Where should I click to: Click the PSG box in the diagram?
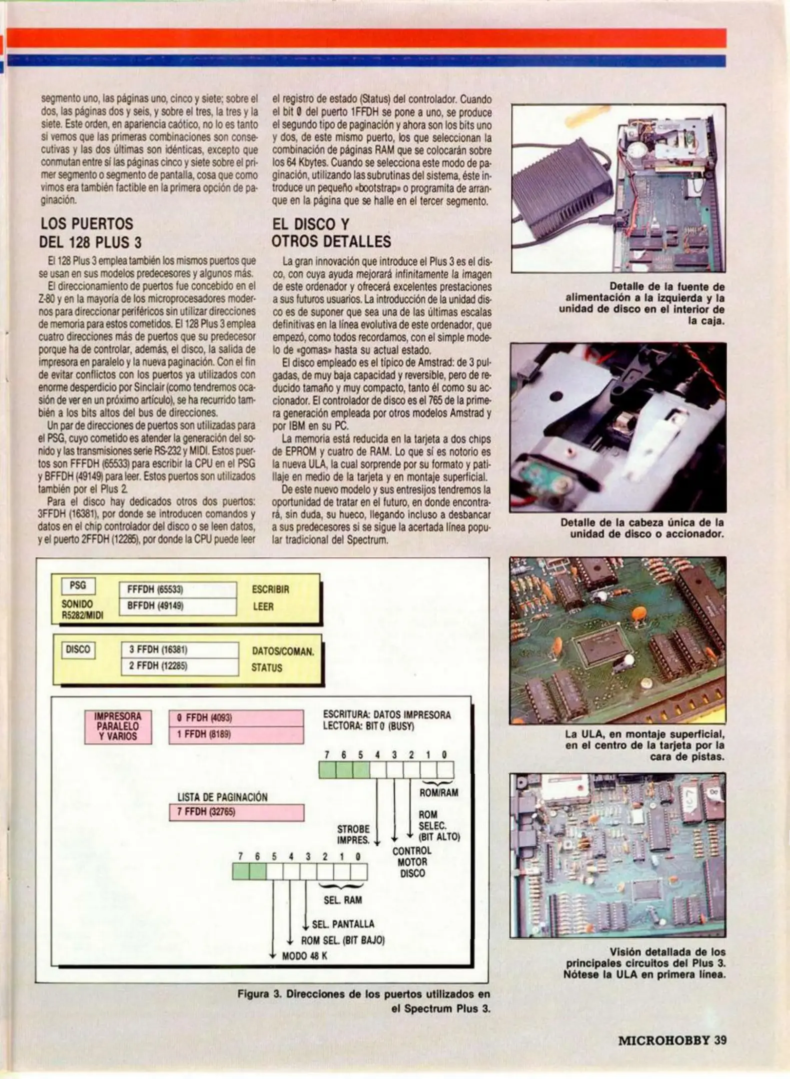pyautogui.click(x=78, y=586)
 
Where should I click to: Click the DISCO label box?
pyautogui.click(x=78, y=649)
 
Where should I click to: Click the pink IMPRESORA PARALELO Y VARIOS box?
pyautogui.click(x=118, y=727)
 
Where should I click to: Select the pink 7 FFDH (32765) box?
pyautogui.click(x=236, y=812)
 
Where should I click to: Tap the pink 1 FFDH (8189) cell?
pyautogui.click(x=236, y=735)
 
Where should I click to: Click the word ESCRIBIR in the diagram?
pyautogui.click(x=270, y=589)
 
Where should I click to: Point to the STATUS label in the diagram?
pyautogui.click(x=267, y=668)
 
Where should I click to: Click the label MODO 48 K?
pyautogui.click(x=304, y=956)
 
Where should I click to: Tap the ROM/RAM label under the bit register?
pyautogui.click(x=439, y=793)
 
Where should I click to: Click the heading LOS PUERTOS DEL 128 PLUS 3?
pyautogui.click(x=90, y=233)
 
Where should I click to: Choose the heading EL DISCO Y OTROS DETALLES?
pyautogui.click(x=331, y=233)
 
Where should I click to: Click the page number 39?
pyautogui.click(x=720, y=1041)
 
